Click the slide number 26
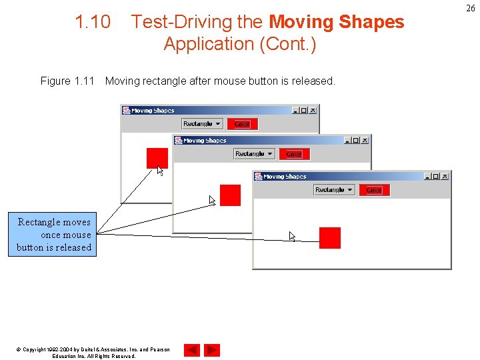pos(471,8)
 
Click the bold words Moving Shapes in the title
pos(336,22)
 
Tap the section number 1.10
pos(93,22)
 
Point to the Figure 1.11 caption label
pos(67,81)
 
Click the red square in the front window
pos(329,237)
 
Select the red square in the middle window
pos(230,195)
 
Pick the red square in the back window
pos(157,158)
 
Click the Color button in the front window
pos(374,190)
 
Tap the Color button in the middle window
pos(294,154)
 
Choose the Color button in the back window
pos(242,124)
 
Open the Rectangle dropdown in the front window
pos(334,190)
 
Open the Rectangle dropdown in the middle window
pos(254,154)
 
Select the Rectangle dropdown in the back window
pos(202,124)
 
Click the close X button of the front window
pos(445,177)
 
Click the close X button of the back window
pos(313,111)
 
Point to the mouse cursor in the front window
pos(292,236)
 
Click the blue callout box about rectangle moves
pos(54,235)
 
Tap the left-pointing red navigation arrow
pos(192,350)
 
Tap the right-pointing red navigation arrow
pos(212,350)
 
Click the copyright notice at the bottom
pos(93,353)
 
